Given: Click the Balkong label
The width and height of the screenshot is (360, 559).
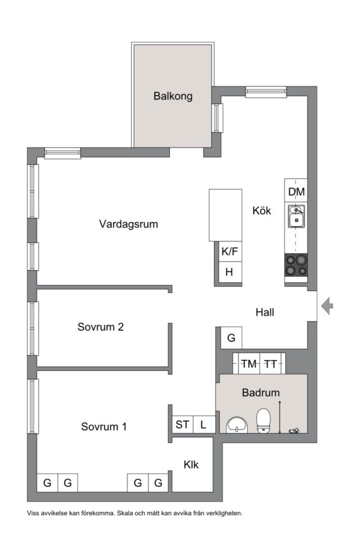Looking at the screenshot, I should tap(173, 97).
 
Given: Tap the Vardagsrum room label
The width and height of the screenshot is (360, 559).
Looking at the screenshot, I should tap(129, 224).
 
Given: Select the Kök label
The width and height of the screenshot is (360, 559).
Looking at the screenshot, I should tap(262, 211).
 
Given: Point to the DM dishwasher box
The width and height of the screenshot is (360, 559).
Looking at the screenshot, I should tap(296, 192).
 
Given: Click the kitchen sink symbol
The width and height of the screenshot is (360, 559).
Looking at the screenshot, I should tap(296, 217).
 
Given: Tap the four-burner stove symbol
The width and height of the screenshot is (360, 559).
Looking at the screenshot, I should tap(295, 265).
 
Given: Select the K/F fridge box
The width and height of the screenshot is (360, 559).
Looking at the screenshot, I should tap(230, 252).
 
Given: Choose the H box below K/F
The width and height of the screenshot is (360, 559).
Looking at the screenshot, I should tap(230, 272).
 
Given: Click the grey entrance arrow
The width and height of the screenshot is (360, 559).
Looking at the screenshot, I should tap(327, 306).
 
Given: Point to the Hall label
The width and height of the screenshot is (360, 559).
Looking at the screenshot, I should tap(265, 313).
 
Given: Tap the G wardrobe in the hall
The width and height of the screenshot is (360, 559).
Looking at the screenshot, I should tap(231, 338).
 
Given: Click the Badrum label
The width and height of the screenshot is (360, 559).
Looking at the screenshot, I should tap(261, 393).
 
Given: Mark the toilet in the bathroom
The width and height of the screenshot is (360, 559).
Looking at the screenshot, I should tap(263, 421).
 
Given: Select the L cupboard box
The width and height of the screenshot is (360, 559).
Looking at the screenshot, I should tap(203, 424).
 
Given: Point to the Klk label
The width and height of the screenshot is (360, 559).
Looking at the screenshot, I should tap(191, 465).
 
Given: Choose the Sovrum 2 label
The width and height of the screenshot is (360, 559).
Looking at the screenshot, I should tap(101, 328).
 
